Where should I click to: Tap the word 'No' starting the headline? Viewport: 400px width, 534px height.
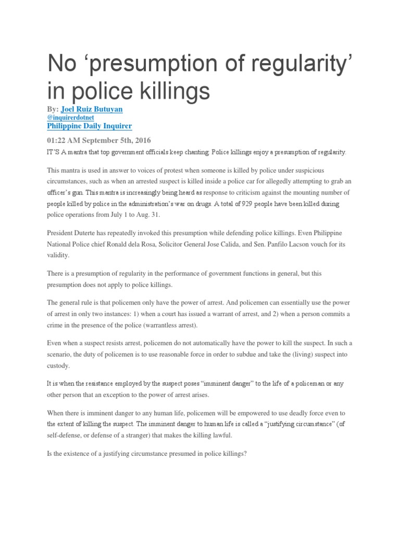coord(60,63)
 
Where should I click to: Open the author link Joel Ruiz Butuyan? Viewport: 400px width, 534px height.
coord(92,109)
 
